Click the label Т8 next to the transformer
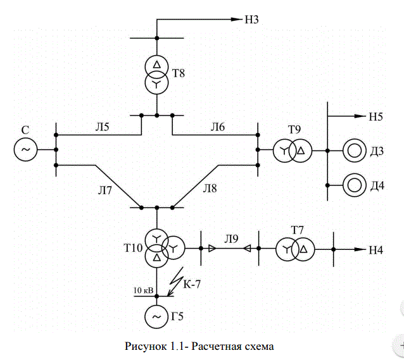point(179,73)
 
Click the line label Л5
point(103,127)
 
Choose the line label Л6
point(218,127)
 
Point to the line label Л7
point(104,190)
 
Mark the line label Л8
point(210,189)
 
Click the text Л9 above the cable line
point(231,239)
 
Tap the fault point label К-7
point(192,284)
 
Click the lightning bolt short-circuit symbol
point(175,282)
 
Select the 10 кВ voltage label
point(143,290)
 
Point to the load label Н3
point(251,20)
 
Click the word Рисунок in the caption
point(146,346)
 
